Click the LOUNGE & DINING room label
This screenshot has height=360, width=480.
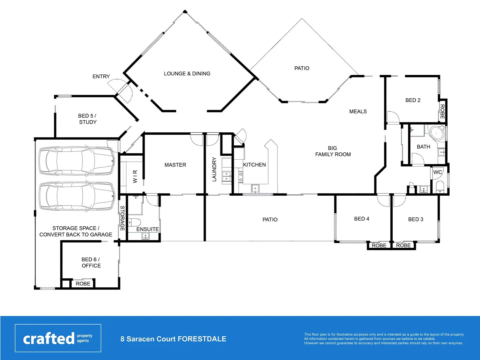point(187,74)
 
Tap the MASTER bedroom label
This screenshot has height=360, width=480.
point(175,165)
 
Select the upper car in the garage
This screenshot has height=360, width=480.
point(77,161)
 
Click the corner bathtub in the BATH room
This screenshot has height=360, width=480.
point(437,133)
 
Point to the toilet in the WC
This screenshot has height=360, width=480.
point(439,187)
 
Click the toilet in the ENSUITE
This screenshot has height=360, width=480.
point(135,222)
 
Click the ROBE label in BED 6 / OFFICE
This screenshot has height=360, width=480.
point(83,284)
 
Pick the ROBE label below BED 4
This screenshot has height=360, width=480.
point(379,246)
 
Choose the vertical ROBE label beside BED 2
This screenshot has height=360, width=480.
point(442,112)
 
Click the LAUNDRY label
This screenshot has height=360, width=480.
point(214,169)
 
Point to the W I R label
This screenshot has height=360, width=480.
point(135,176)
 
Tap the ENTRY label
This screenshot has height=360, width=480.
point(101,77)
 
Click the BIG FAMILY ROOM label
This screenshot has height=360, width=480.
point(333,151)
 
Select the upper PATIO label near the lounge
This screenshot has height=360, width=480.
point(302,68)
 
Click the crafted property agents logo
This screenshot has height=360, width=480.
point(58,338)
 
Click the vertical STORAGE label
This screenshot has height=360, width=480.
point(122,218)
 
